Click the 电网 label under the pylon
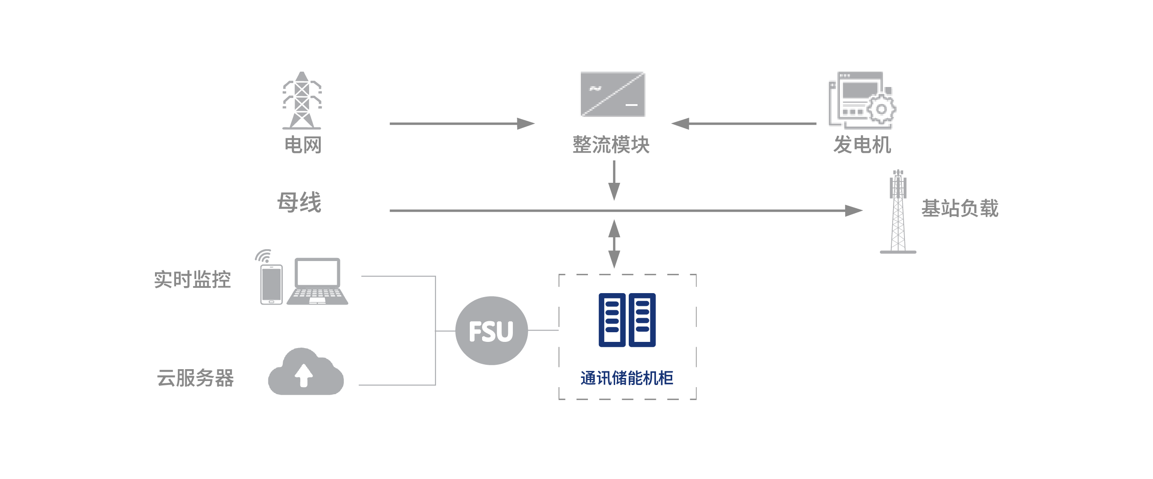coord(303,145)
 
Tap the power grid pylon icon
coord(302,100)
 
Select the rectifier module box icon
coord(613,94)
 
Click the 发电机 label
coord(862,145)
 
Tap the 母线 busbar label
coord(299,202)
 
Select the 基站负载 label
coord(960,208)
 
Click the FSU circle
coord(491,330)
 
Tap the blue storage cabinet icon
coord(627,320)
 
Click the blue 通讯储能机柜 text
coord(627,378)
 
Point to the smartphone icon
coord(271,284)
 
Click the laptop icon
coord(317,281)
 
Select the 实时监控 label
coord(192,279)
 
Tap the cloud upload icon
coord(306,372)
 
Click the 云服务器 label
coord(195,378)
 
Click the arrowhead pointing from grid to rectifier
coord(526,123)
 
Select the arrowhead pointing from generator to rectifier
coord(681,123)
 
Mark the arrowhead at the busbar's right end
coord(853,210)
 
